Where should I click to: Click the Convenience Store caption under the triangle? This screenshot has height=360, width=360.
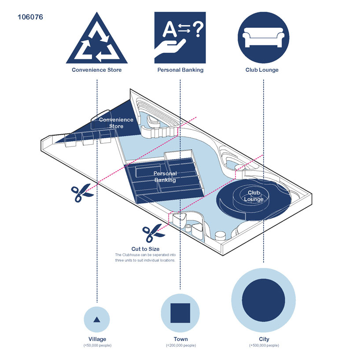[97, 70]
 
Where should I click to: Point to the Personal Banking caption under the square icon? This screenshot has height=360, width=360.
[180, 70]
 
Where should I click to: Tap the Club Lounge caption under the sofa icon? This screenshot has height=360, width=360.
[262, 70]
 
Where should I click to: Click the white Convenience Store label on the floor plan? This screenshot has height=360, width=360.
[110, 123]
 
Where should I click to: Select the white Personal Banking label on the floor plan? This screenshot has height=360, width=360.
[165, 176]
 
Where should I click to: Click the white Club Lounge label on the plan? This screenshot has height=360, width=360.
[253, 196]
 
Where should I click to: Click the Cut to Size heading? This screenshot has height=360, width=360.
[145, 249]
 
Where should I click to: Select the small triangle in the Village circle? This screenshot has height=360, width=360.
[97, 319]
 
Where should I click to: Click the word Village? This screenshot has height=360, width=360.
[97, 339]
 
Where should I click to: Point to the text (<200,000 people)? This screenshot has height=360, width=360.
[180, 345]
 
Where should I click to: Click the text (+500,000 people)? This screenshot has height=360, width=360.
[264, 345]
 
